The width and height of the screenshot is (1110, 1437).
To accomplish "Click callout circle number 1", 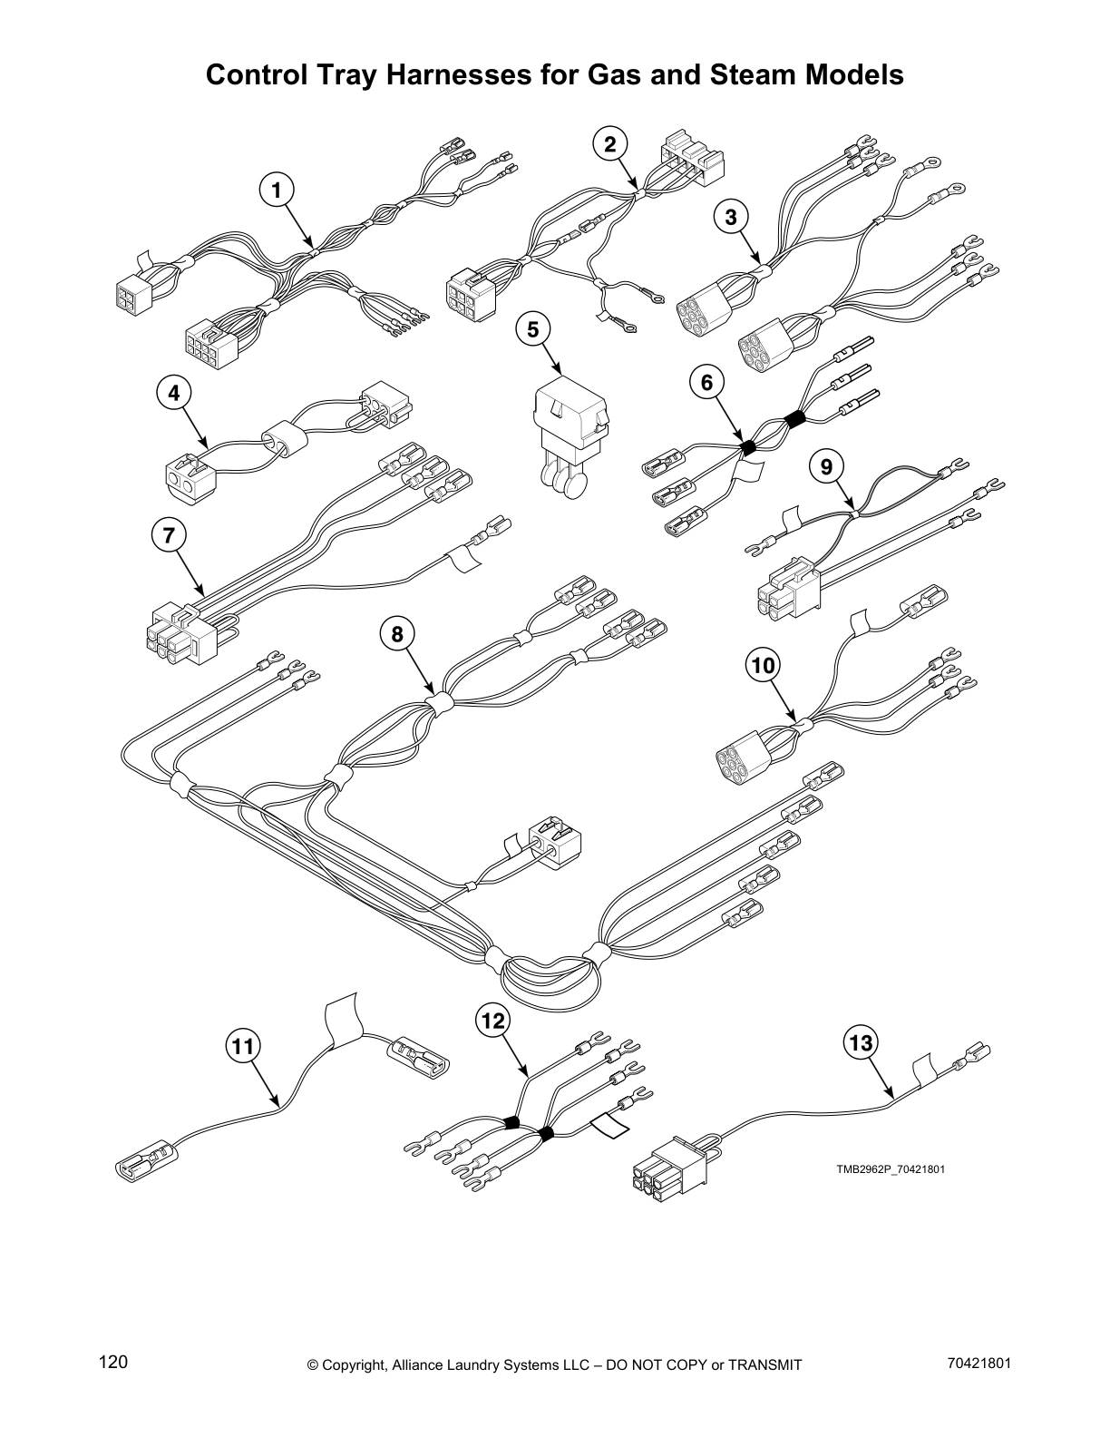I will (x=277, y=190).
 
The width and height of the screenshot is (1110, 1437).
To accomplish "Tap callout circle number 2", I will (x=610, y=143).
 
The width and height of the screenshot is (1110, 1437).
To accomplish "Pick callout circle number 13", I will (x=861, y=1043).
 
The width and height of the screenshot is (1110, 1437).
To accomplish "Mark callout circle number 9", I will (x=825, y=466).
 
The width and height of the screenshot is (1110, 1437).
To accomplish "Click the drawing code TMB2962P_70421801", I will (x=891, y=1168).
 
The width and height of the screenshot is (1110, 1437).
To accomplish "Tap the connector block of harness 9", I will (x=787, y=590).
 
